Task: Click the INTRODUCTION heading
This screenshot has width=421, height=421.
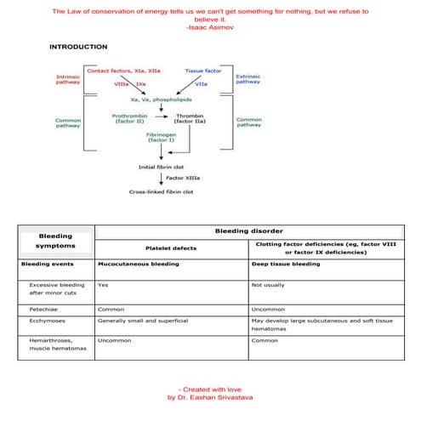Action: coord(77,47)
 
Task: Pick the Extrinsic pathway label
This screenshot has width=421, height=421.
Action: coord(247,79)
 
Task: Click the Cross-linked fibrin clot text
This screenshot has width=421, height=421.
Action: coord(161,191)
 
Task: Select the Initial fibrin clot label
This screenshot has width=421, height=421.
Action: coord(161,167)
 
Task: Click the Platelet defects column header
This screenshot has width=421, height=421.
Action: coord(171,247)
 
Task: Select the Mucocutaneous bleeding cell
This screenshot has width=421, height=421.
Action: coord(139,265)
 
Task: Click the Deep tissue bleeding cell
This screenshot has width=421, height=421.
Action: coord(286,265)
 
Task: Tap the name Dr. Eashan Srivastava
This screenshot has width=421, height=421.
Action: coord(210,397)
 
